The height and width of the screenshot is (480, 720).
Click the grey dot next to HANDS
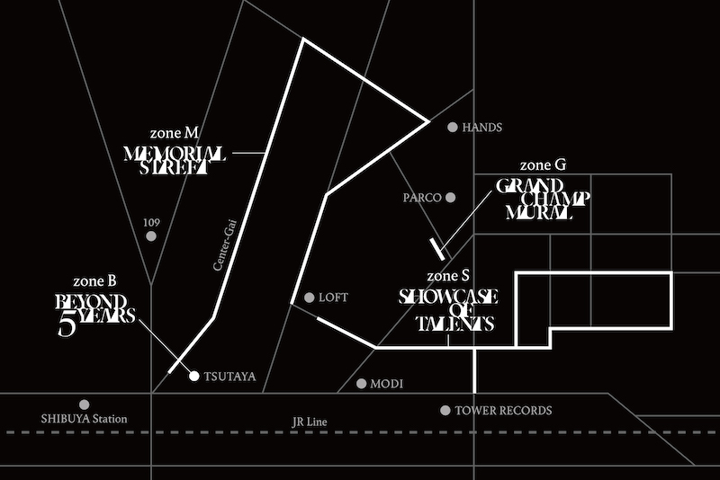[x=452, y=128]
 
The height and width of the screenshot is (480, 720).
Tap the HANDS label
[x=481, y=129]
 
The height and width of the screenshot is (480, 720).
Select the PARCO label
[x=423, y=197]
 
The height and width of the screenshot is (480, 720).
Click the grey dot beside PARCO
[x=450, y=197]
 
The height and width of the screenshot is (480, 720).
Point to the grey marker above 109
[x=151, y=236]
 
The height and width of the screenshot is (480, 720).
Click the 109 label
[x=151, y=220]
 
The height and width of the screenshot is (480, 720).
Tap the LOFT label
[x=333, y=297]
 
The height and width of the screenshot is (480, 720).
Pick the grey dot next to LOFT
[x=309, y=297]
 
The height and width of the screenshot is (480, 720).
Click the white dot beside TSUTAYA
[x=193, y=376]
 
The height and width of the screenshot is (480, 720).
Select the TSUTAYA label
[x=229, y=377]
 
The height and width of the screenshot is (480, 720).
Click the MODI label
[x=387, y=384]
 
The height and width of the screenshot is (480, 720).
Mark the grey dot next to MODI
[x=362, y=384]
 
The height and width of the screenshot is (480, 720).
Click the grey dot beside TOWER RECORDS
[x=445, y=410]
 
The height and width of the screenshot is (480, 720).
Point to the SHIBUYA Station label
[x=85, y=419]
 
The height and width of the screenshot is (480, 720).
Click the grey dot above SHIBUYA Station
[x=85, y=404]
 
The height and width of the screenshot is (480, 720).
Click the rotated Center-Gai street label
[x=222, y=245]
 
